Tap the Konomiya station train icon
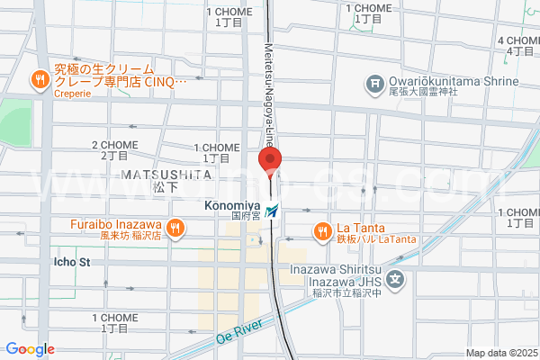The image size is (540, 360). tap(273, 210)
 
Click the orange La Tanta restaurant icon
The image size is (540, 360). tap(322, 231)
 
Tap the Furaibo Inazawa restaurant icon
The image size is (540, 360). tap(176, 229)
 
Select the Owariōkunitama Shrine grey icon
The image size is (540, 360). tap(373, 86)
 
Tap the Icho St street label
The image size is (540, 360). tap(73, 263)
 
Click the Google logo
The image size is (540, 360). tap(30, 349)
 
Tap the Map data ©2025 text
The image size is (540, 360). tap(500, 353)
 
